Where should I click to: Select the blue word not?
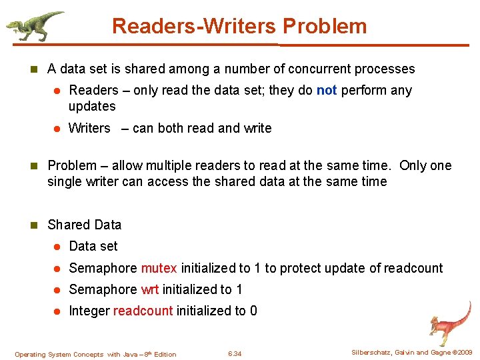click(x=327, y=90)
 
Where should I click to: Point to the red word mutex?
click(x=159, y=268)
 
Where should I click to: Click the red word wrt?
click(x=150, y=289)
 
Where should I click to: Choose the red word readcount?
click(x=143, y=311)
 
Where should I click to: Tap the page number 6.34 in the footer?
click(x=235, y=353)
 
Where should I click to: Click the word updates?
click(x=92, y=106)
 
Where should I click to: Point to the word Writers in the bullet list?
click(x=89, y=128)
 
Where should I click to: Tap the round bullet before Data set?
click(x=57, y=247)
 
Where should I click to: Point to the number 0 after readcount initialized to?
click(x=253, y=311)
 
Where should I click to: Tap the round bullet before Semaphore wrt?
click(x=57, y=290)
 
